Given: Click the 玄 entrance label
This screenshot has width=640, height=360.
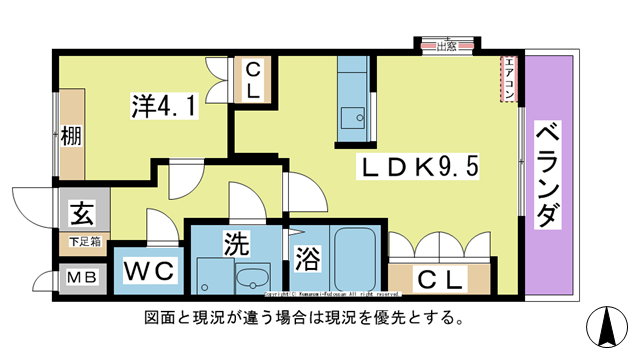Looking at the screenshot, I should [x=82, y=213].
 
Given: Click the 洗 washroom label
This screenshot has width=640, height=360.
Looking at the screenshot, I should [x=236, y=243].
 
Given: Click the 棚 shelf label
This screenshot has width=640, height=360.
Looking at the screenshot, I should [x=69, y=134].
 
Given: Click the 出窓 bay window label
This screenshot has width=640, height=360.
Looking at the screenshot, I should [x=446, y=45].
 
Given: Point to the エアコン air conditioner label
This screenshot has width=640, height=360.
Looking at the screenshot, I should [x=509, y=80].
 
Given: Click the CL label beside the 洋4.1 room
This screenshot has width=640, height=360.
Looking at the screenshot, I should [x=254, y=79].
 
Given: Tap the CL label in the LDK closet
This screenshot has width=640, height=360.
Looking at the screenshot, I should [x=440, y=280].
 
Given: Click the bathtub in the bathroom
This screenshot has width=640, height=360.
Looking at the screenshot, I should [x=354, y=259].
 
